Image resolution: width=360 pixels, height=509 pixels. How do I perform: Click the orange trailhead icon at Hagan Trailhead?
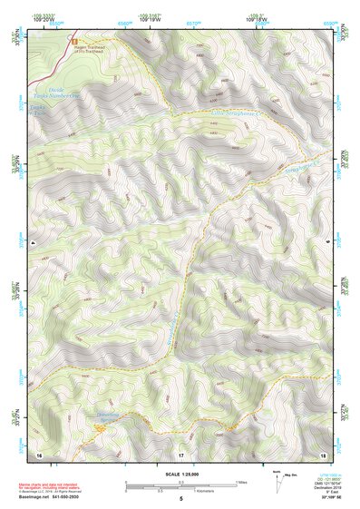pyautogui.click(x=74, y=41)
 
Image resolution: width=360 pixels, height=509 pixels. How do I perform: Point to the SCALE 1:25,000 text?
pyautogui.click(x=180, y=471)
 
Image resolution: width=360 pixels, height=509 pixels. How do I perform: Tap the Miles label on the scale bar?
pyautogui.click(x=241, y=482)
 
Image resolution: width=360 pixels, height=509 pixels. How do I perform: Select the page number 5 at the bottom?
pyautogui.click(x=180, y=499)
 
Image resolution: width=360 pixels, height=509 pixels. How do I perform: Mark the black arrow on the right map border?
pyautogui.click(x=327, y=244)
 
